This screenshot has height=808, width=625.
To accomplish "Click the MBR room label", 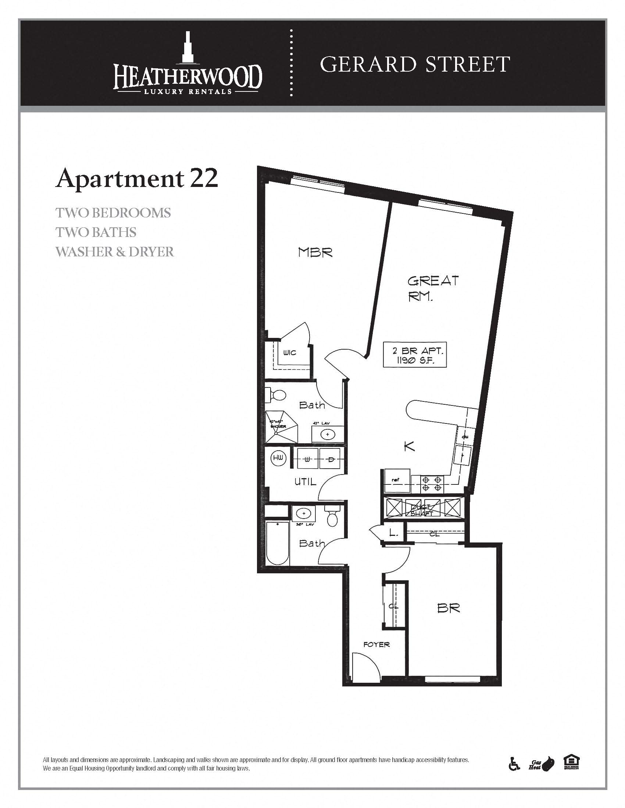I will (315, 253).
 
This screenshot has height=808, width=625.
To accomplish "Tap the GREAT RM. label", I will (432, 288).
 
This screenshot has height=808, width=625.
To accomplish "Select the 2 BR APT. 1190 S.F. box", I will (415, 354).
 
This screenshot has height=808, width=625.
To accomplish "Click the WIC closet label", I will (290, 353).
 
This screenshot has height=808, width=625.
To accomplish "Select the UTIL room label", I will (306, 481).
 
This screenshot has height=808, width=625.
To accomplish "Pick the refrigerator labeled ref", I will (397, 480).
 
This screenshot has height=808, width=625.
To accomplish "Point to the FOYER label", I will (376, 645).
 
